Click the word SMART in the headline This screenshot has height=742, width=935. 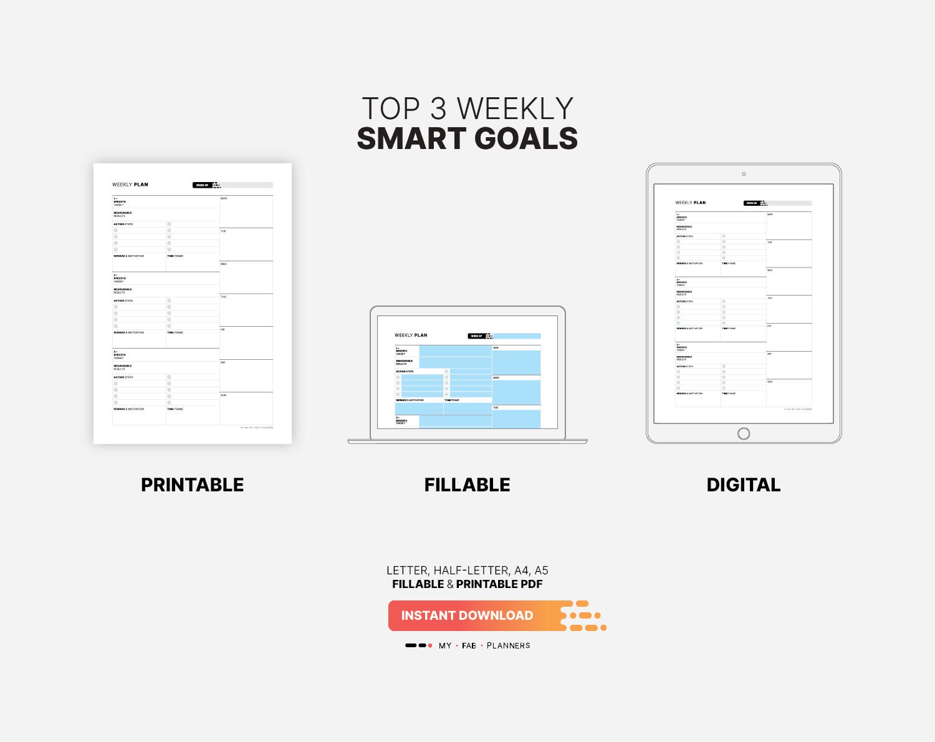click(x=411, y=138)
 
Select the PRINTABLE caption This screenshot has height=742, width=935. click(x=192, y=484)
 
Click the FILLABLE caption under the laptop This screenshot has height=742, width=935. click(x=467, y=484)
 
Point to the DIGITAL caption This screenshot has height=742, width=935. click(x=743, y=484)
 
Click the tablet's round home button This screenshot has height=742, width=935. click(x=744, y=433)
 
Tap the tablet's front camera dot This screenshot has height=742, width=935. click(x=744, y=174)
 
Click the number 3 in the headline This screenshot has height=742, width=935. click(x=438, y=109)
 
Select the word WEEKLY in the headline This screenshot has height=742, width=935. click(x=515, y=109)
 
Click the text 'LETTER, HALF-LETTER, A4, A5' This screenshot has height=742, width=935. click(x=467, y=571)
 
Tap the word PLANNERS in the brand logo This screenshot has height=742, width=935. click(x=508, y=645)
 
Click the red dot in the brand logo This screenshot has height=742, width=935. click(x=430, y=645)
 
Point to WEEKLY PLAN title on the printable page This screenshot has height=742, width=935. click(x=130, y=185)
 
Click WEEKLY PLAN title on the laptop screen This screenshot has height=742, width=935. click(x=411, y=335)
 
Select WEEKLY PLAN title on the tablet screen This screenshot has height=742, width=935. click(x=691, y=203)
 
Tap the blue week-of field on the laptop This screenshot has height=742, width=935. click(x=517, y=336)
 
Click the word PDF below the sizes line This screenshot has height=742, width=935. click(x=531, y=584)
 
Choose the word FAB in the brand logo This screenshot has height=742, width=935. click(x=469, y=645)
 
